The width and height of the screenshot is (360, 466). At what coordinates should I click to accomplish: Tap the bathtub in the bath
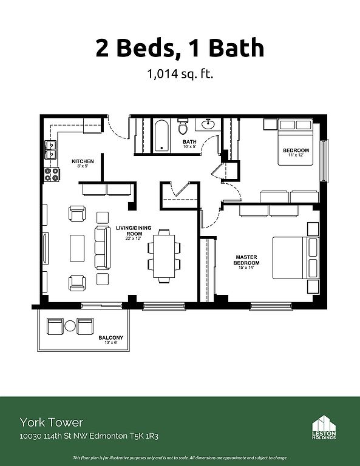(161, 135)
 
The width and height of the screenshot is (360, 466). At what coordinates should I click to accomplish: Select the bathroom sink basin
(208, 124)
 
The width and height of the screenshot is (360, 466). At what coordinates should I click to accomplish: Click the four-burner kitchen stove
(52, 175)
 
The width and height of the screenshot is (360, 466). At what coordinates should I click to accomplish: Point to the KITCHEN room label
(83, 161)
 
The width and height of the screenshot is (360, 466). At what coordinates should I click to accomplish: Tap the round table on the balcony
(70, 326)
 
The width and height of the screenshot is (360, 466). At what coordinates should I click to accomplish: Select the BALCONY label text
(111, 337)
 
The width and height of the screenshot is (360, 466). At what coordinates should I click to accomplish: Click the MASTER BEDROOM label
(246, 260)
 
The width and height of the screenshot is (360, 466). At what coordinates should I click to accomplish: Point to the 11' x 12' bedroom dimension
(296, 155)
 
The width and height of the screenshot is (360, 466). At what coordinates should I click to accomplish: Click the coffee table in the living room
(77, 248)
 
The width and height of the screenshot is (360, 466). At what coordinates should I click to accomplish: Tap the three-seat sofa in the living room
(103, 248)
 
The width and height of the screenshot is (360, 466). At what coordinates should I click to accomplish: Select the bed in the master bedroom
(296, 258)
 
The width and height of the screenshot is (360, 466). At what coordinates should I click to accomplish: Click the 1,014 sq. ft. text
(180, 73)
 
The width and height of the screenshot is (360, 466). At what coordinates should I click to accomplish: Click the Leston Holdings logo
(324, 427)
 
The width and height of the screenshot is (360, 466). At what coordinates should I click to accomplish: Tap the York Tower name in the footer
(52, 422)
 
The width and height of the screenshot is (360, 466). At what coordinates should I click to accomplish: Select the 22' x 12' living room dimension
(133, 238)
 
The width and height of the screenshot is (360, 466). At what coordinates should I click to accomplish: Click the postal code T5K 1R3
(144, 436)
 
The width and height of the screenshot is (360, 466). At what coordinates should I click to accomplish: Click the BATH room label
(189, 142)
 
